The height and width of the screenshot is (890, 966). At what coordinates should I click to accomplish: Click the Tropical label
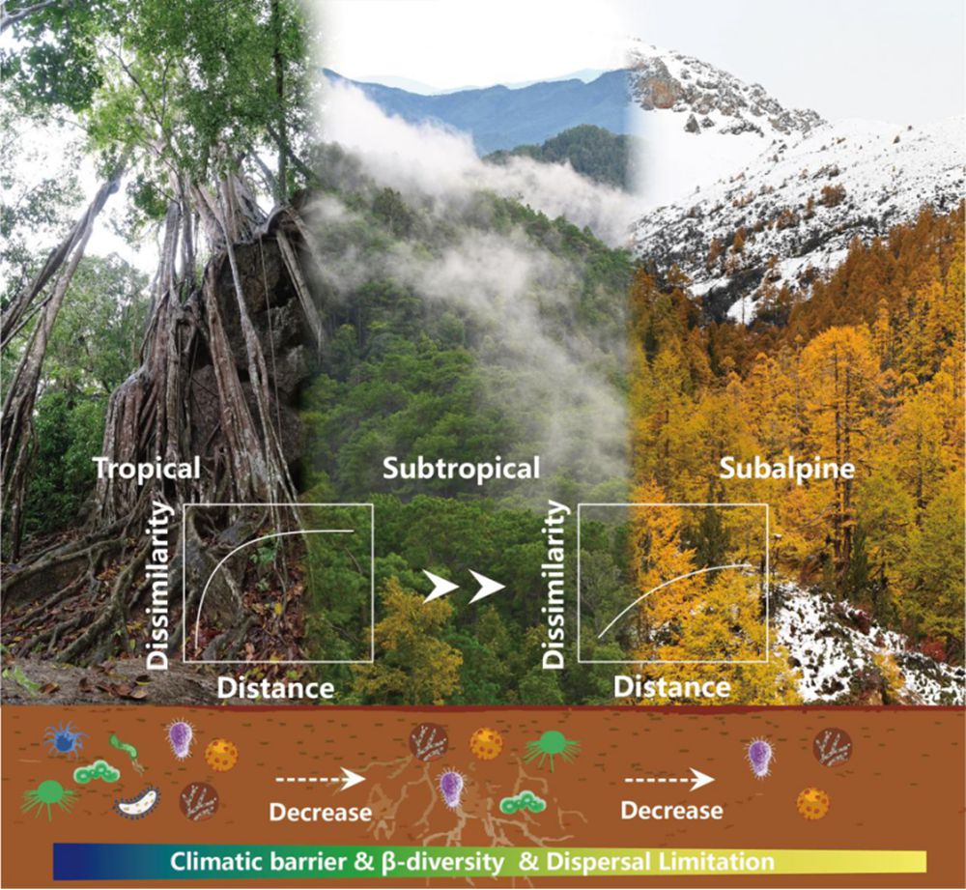pos(147,469)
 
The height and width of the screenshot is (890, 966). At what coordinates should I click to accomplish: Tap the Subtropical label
pos(461,470)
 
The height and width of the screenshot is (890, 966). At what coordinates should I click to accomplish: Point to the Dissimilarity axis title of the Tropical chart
pos(161,585)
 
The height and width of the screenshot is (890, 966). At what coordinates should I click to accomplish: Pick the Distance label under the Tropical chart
pos(275,688)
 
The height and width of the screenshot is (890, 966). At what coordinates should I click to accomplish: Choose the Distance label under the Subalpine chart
pos(673,688)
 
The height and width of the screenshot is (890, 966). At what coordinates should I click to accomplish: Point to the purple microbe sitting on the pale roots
pos(451,788)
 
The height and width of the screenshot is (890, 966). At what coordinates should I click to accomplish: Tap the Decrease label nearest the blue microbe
pos(319,812)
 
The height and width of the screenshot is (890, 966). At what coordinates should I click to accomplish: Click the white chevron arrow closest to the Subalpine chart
pos(486,587)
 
